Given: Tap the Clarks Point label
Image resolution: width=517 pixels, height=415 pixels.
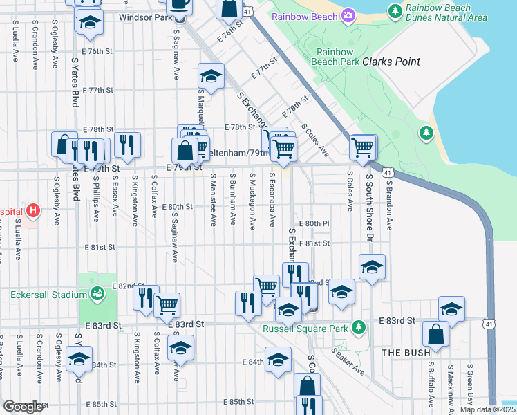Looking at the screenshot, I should (391, 62).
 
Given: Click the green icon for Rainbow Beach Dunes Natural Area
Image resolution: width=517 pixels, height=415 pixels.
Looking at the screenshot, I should (395, 10).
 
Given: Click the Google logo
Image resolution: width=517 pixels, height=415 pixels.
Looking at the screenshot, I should (23, 407).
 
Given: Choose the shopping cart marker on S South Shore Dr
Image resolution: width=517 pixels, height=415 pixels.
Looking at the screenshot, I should (362, 147).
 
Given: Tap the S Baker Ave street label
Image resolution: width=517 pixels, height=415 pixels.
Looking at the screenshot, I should (347, 360).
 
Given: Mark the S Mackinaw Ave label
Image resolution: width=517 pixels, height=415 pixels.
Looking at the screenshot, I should (450, 386).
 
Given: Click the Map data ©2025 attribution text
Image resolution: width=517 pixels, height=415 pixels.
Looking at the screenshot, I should (487, 409).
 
